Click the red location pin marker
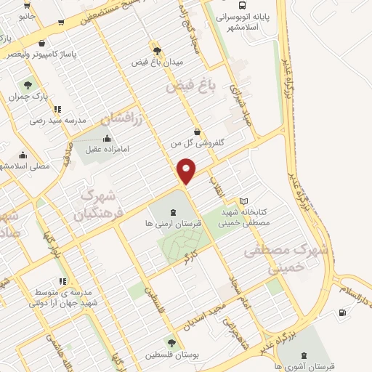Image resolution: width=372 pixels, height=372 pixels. (187, 170)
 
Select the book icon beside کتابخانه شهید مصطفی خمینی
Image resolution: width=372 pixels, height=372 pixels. (243, 201)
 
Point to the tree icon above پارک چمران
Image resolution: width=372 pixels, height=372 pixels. (29, 85)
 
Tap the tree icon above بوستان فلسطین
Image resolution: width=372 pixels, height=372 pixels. (171, 343)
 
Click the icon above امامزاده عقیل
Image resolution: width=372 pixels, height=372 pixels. (108, 139)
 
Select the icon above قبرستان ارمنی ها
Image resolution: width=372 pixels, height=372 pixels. (171, 212)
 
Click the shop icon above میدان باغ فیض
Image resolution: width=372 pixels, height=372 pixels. (156, 51)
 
